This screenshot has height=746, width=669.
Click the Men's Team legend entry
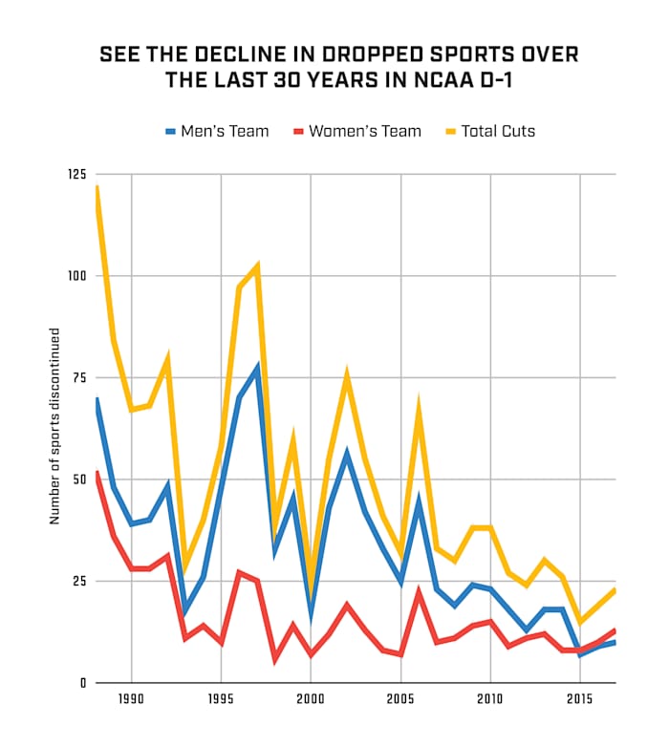(217, 131)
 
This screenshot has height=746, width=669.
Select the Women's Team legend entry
(355, 131)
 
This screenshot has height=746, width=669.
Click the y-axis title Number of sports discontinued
(55, 426)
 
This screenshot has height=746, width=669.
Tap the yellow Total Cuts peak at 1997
(257, 266)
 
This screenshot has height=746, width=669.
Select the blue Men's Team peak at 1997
(257, 368)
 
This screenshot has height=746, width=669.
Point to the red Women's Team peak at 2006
(419, 592)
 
